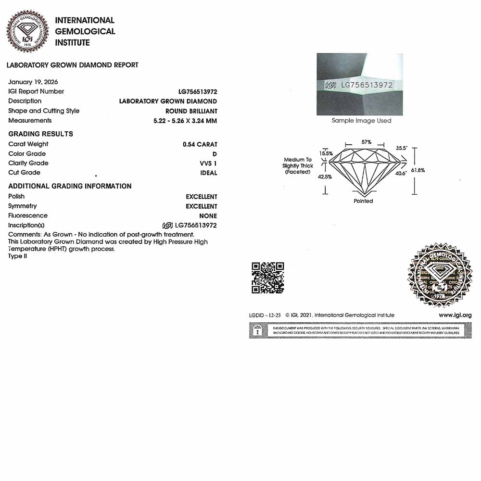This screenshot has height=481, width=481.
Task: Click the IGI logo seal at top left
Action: [28, 31]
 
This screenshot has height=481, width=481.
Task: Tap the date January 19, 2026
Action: [33, 82]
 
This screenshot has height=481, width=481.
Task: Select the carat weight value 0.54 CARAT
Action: [200, 144]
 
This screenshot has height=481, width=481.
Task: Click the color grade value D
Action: [215, 154]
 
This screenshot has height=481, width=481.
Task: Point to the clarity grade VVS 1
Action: [208, 164]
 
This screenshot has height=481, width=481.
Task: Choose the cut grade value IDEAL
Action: [209, 173]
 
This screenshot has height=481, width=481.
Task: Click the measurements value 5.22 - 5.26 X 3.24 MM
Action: [182, 121]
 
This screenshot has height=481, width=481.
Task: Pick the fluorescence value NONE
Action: [208, 216]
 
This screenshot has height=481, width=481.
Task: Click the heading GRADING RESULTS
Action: [40, 134]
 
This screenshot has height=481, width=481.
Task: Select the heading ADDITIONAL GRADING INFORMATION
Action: [70, 186]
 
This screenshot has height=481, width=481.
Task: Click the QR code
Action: [268, 278]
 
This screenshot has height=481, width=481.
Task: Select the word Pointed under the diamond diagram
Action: [363, 201]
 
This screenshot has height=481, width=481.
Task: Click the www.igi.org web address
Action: [455, 316]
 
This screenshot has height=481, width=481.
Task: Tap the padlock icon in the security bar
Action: [258, 330]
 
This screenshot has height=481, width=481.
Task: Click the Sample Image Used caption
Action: [361, 121]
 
